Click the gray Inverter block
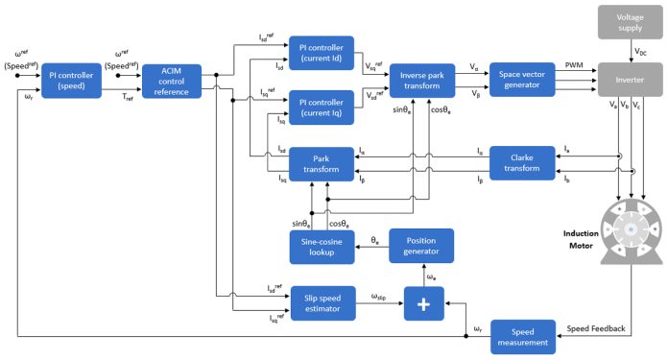[628, 80]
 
